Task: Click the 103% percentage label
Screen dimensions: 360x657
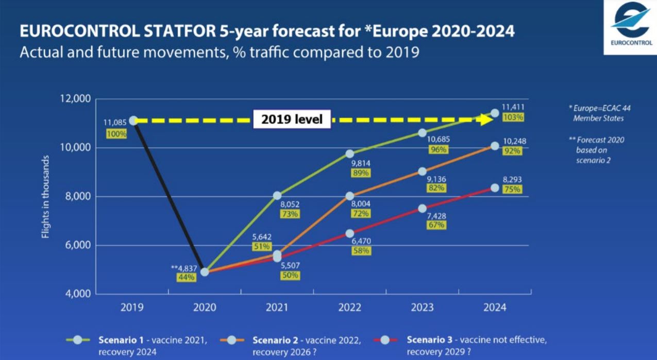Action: coord(513,117)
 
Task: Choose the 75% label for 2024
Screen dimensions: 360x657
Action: coord(513,189)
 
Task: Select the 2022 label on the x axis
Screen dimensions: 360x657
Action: coord(349,307)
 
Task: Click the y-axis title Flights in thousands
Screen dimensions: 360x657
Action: coord(46,196)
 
